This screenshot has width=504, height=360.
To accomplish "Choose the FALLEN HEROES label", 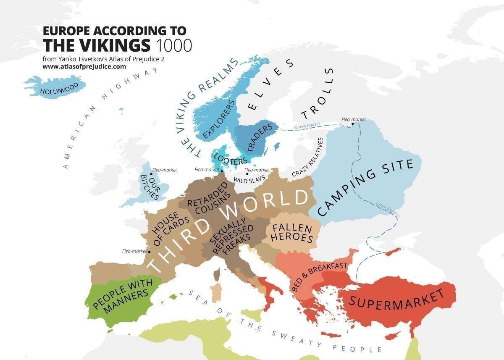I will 292,234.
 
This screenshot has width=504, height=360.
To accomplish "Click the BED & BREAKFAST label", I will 319,277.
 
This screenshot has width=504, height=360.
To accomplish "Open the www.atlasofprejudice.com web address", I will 84,66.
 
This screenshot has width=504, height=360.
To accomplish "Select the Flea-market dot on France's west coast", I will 149,252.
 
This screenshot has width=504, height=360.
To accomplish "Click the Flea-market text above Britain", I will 165,170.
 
